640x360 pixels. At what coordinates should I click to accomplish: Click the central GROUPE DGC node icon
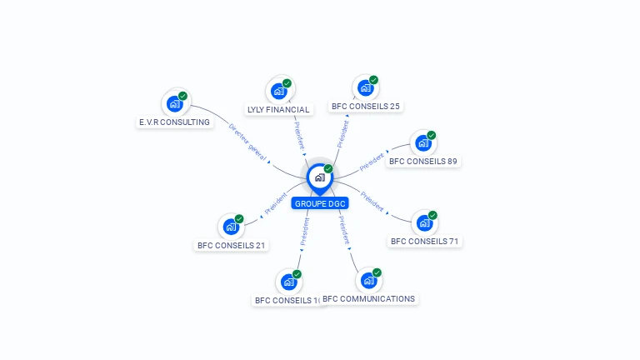[319, 177]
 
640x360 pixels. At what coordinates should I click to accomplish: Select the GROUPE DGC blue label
[320, 203]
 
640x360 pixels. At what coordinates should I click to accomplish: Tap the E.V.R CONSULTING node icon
[174, 103]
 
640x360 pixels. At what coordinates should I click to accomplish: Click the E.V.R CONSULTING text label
[174, 122]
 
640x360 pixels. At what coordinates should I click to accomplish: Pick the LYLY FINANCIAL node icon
[278, 90]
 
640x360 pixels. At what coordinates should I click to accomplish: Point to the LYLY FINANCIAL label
[278, 109]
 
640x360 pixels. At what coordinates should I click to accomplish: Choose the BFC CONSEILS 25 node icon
[365, 87]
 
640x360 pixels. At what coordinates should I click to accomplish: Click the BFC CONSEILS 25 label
[366, 106]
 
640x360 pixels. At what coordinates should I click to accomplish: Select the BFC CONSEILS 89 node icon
[423, 142]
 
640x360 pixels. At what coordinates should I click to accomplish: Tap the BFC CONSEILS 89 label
[423, 161]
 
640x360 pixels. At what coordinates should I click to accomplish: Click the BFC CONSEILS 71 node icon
[424, 222]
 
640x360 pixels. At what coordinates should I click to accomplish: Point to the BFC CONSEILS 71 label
[425, 242]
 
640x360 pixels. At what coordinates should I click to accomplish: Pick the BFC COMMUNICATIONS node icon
[368, 280]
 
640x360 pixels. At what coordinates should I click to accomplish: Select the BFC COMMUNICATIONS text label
[368, 298]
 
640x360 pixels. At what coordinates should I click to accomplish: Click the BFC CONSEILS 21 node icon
[231, 227]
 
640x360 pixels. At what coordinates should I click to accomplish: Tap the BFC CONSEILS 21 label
[232, 245]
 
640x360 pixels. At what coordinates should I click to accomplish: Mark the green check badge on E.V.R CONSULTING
[182, 96]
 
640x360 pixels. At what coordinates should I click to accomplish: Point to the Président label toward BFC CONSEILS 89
[372, 162]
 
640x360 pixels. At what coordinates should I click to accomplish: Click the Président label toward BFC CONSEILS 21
[275, 204]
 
